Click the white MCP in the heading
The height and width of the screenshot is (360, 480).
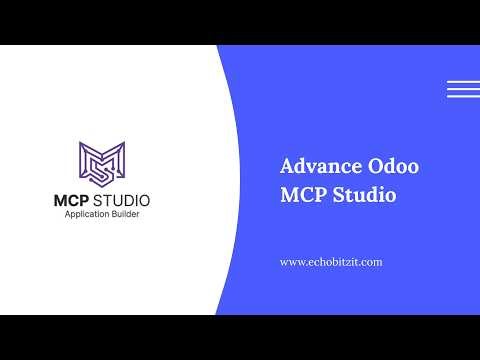[304, 194]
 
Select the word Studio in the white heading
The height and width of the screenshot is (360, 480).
[365, 194]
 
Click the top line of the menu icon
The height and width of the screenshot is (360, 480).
[463, 81]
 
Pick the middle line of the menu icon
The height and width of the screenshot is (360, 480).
[463, 89]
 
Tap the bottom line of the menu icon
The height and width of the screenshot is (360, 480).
[463, 96]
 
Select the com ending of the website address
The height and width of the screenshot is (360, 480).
[373, 262]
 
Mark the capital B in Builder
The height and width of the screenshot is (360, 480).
[116, 215]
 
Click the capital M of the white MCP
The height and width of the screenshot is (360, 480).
[290, 194]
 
